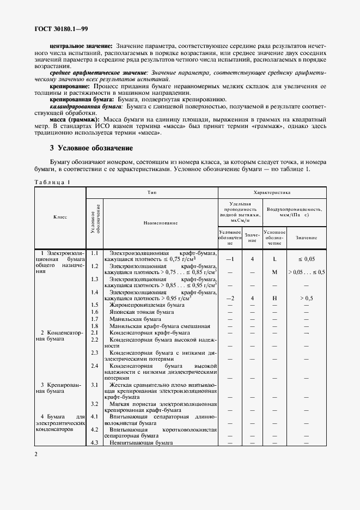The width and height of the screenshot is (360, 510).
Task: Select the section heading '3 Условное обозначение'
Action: pos(91,148)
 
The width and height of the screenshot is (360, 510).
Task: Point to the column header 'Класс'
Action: pos(60,217)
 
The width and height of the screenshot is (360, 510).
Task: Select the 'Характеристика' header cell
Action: pos(272,193)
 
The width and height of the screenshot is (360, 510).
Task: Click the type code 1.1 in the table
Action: pos(94,253)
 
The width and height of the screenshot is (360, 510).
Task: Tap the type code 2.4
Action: pos(94,366)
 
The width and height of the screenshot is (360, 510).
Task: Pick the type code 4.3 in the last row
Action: pos(94,442)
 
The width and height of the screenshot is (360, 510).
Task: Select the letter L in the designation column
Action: pos(274,260)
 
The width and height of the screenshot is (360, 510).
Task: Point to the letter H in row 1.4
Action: pos(274,298)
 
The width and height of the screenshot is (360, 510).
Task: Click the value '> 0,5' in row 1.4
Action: pos(306,298)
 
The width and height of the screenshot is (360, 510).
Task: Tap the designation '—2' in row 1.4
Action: pos(229,298)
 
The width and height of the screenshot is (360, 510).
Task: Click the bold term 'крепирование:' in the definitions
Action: pos(70,86)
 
